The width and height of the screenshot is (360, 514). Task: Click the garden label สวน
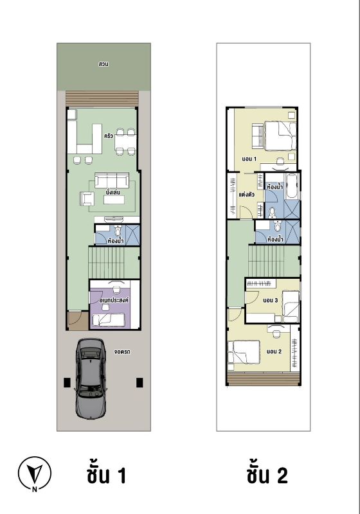(104, 64)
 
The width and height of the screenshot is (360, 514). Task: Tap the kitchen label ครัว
(108, 136)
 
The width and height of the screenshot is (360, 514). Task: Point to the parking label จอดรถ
(123, 351)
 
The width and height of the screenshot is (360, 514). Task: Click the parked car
(90, 378)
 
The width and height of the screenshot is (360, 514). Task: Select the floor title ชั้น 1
(107, 475)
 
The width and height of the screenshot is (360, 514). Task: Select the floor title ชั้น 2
(267, 475)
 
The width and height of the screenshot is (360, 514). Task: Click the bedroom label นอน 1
(249, 159)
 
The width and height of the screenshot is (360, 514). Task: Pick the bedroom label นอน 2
(274, 351)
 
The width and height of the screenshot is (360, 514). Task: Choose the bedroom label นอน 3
(271, 300)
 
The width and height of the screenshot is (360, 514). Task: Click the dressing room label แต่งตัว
(246, 195)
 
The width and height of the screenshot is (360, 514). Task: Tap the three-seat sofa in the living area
(111, 181)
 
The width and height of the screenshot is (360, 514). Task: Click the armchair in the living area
(87, 199)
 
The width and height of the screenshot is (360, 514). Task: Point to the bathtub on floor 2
(292, 186)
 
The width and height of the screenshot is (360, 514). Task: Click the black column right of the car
(139, 382)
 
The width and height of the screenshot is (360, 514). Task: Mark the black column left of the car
(67, 382)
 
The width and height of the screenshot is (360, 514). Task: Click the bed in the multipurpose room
(108, 320)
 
